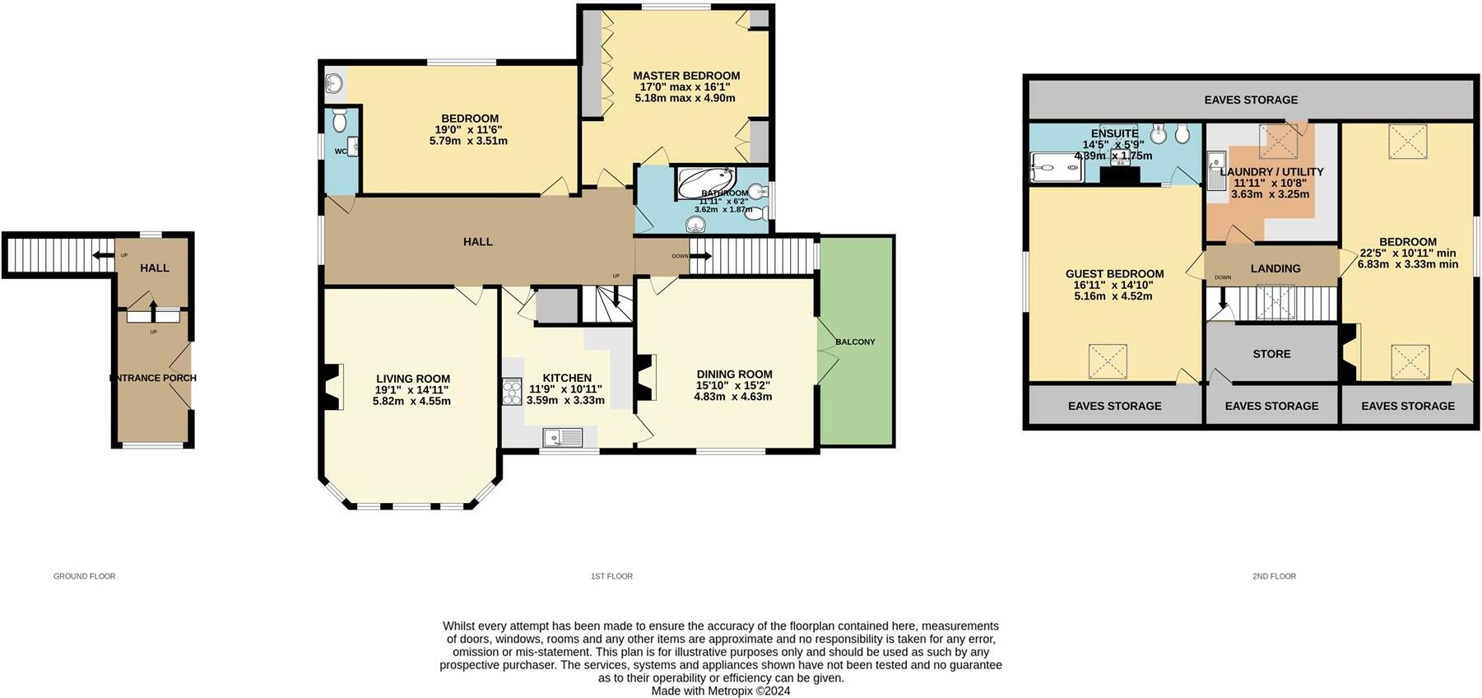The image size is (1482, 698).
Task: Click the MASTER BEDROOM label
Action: (685, 76)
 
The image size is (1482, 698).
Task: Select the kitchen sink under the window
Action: (561, 436)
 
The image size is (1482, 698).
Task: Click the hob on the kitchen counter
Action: (512, 391)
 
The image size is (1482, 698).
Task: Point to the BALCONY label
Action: (855, 342)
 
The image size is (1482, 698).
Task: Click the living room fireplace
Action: (332, 387)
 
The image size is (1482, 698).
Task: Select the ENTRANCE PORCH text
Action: (153, 378)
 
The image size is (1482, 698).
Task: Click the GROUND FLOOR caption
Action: (85, 576)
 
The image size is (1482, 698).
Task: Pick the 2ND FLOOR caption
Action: (1274, 576)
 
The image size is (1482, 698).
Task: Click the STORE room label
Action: (1271, 354)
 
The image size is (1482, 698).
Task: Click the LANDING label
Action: (1275, 268)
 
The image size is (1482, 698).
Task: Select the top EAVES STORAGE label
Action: (1251, 100)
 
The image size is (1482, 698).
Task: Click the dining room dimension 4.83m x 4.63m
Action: (732, 397)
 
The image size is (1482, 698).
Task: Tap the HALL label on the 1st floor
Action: (477, 241)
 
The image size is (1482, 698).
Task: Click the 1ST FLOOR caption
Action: (611, 576)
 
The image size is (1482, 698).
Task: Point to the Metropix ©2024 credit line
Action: (721, 691)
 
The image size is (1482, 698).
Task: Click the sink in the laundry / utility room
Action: (1216, 172)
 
